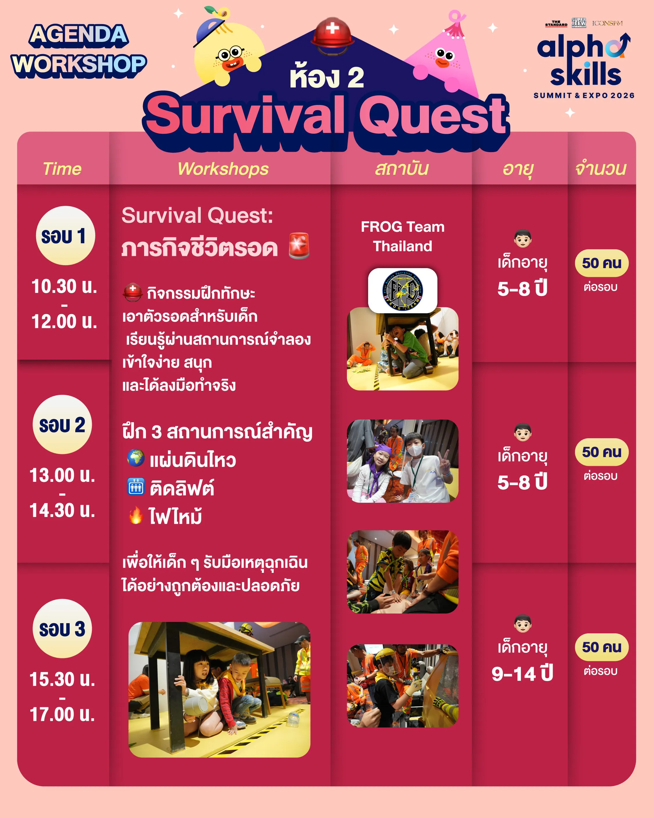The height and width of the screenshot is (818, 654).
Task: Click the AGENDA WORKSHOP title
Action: [x=79, y=51]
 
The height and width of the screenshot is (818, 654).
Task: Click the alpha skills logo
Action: [x=584, y=60]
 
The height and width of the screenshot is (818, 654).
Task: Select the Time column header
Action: [x=62, y=169]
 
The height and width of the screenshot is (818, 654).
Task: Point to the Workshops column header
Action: [x=223, y=169]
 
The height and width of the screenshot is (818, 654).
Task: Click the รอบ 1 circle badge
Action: [x=65, y=236]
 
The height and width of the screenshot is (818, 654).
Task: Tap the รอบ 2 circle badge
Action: [x=62, y=425]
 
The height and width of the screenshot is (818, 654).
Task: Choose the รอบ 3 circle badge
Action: [x=62, y=629]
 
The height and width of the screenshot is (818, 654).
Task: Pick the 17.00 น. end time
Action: [x=62, y=714]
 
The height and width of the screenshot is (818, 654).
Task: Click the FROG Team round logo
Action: [x=402, y=290]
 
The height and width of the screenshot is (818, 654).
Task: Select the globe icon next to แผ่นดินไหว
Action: [x=136, y=458]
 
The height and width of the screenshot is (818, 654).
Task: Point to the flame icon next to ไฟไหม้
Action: [x=136, y=516]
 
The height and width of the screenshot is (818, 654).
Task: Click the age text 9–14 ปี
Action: [x=522, y=673]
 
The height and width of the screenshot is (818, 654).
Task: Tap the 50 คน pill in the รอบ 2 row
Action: [x=602, y=452]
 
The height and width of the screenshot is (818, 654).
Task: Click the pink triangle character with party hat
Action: [x=444, y=53]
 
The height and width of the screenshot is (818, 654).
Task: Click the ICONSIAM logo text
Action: [x=607, y=23]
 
